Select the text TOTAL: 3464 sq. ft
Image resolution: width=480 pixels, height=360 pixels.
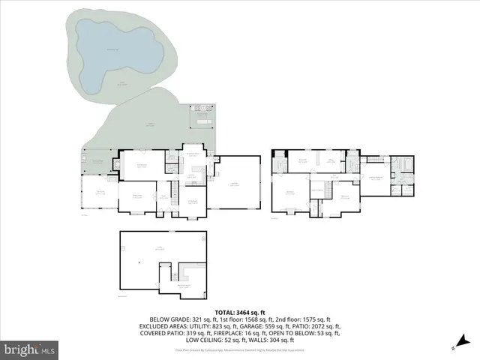pos(240,311)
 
